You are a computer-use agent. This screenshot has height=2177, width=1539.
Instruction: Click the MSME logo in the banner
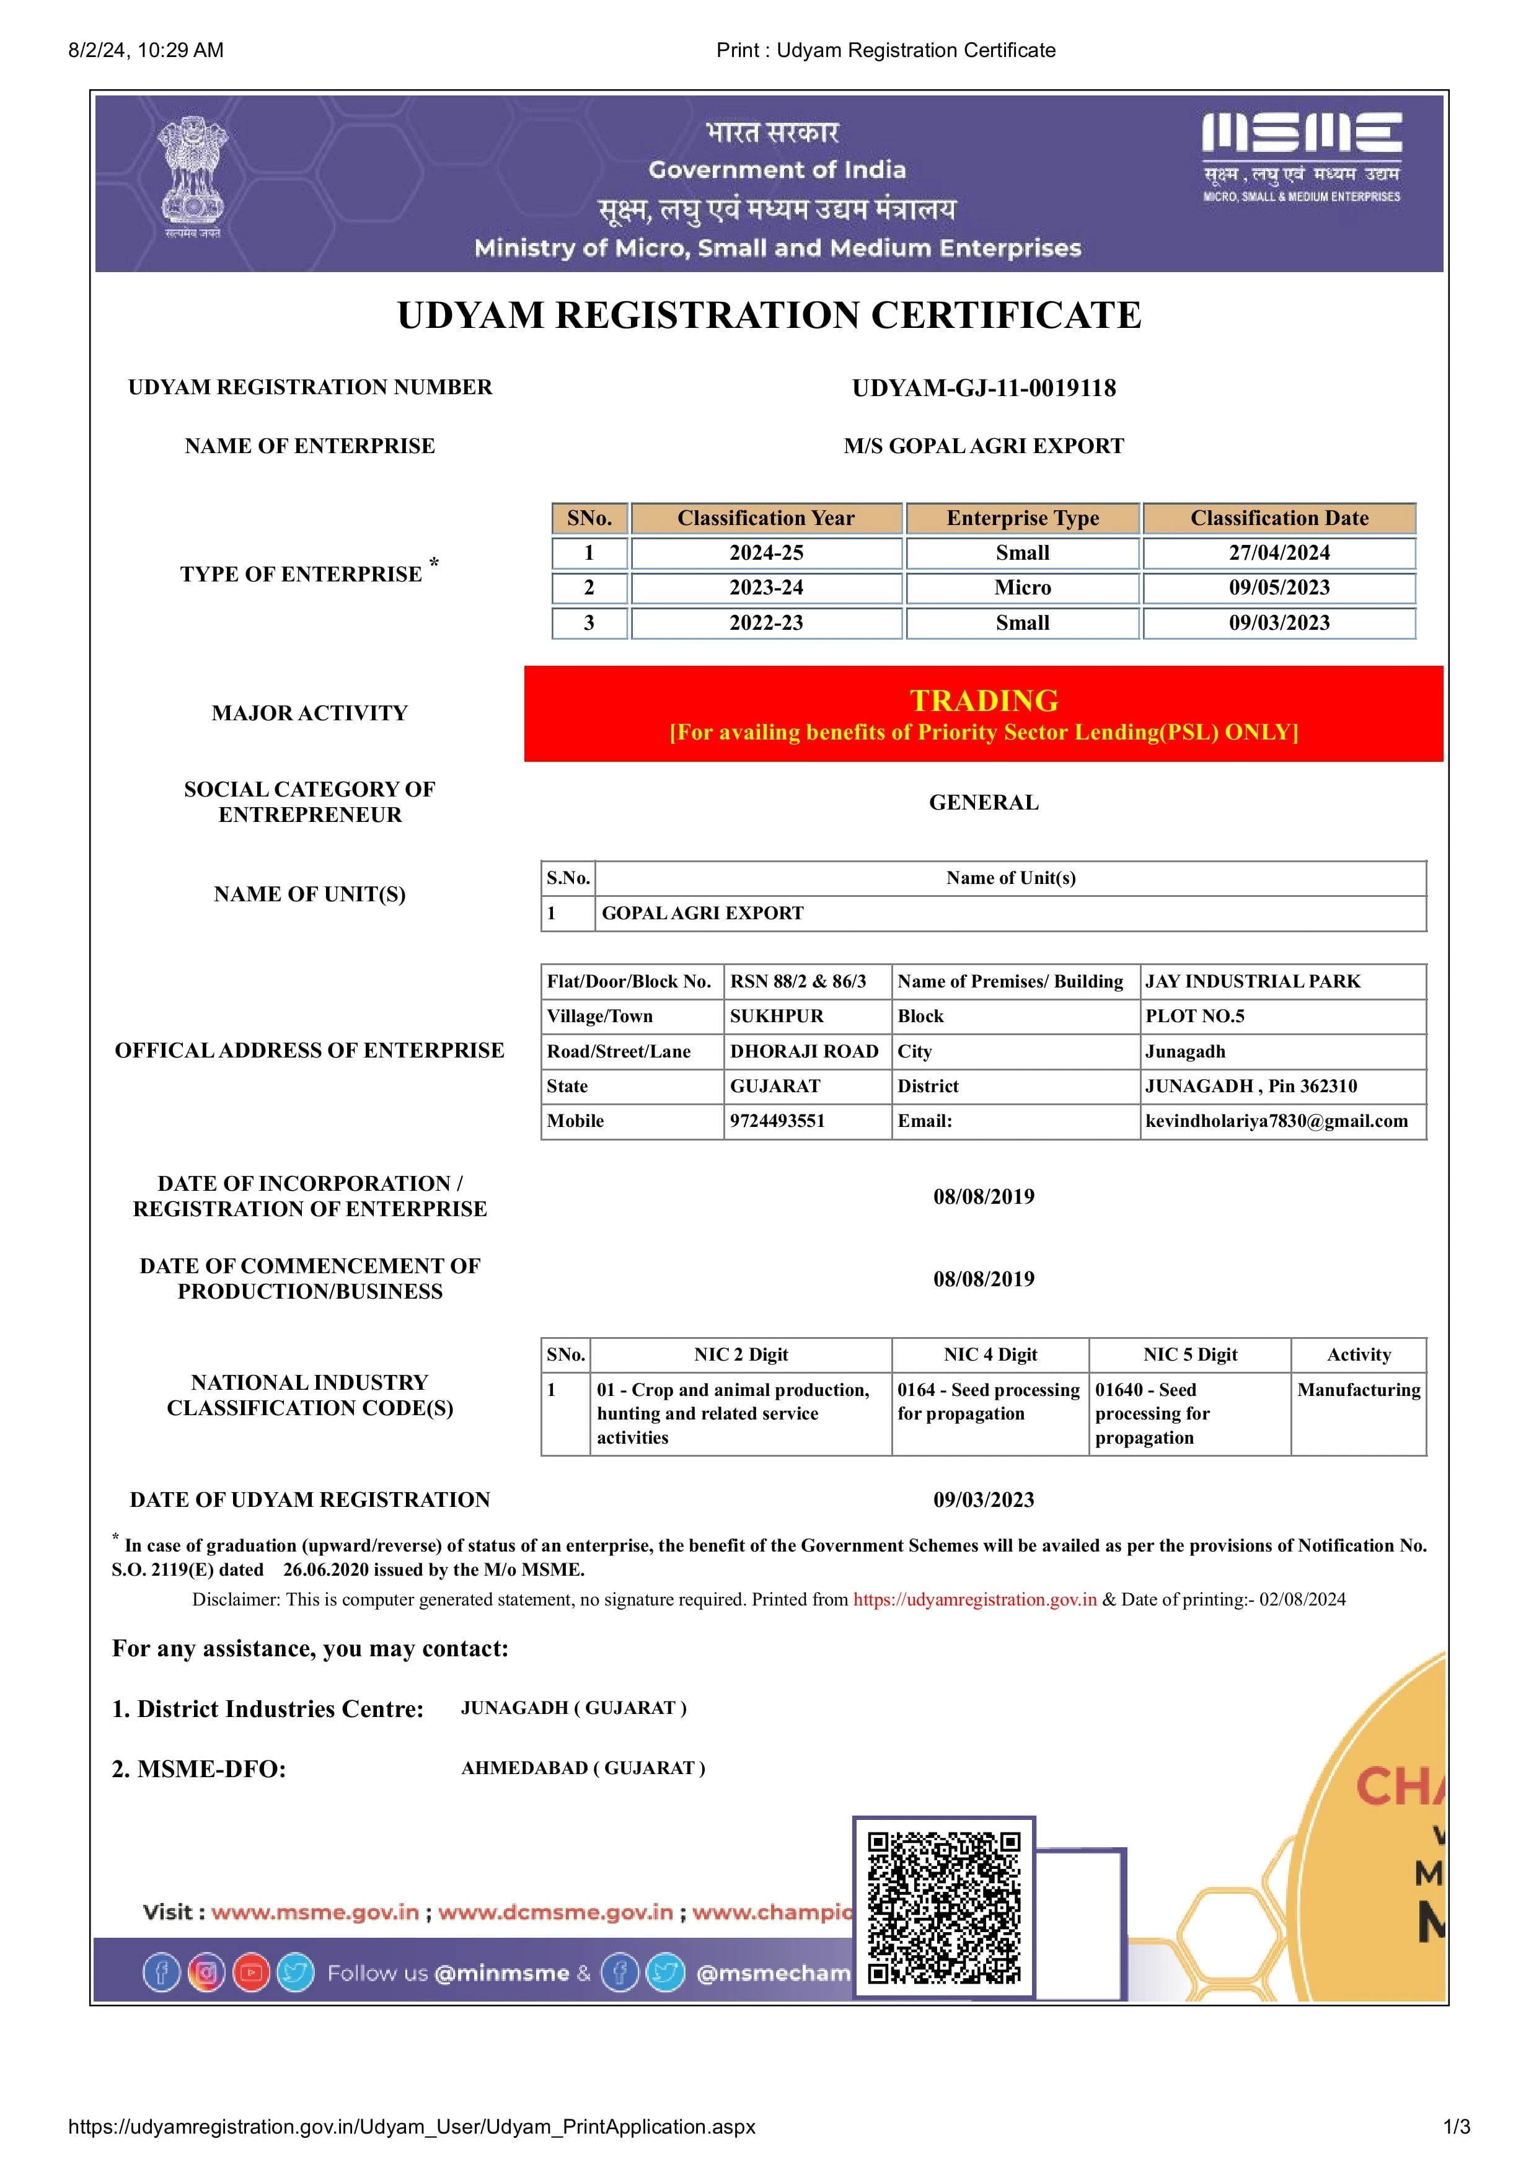tap(1301, 156)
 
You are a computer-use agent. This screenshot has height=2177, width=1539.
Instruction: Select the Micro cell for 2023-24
tap(1022, 588)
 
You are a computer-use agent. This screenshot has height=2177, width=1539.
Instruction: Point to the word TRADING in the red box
tap(983, 700)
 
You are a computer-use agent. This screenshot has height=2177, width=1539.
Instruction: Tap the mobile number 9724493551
tap(777, 1121)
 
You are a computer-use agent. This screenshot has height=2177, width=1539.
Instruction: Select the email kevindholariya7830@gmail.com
tap(1276, 1121)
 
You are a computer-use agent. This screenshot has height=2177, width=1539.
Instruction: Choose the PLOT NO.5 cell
tap(1195, 1017)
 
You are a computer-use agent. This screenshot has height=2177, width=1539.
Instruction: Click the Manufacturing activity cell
tap(1358, 1390)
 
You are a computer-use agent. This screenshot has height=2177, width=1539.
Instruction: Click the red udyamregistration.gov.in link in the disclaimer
tap(975, 1599)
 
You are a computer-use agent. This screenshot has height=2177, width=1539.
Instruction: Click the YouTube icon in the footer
tap(251, 1973)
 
